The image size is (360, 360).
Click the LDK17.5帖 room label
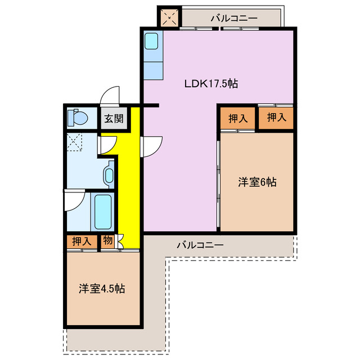211,84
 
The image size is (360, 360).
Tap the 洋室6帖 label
256,182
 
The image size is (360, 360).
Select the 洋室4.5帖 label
101,289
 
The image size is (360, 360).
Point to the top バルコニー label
234,18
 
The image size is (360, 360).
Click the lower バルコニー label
200,245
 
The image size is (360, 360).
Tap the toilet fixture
76,118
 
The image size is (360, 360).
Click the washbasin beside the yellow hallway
109,173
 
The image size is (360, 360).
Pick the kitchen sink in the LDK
152,42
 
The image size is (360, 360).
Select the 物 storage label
107,241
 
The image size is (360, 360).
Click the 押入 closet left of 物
82,241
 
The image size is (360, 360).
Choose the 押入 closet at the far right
276,118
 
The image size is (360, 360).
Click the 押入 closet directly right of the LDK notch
238,119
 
